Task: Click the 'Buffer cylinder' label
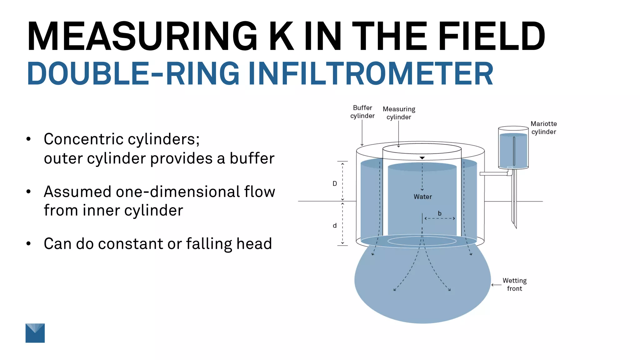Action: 362,112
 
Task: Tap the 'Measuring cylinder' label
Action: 399,113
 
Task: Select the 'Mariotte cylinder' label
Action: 543,128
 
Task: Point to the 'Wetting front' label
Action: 514,284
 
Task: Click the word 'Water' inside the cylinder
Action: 422,197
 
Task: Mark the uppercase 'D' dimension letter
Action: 335,184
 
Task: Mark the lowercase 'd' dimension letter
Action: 335,225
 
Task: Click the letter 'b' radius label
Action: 439,213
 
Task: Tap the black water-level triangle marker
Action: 422,158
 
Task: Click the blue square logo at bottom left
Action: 35,333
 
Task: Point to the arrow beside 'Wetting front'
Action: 496,285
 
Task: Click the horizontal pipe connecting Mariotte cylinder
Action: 494,174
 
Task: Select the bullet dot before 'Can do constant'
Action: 29,243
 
